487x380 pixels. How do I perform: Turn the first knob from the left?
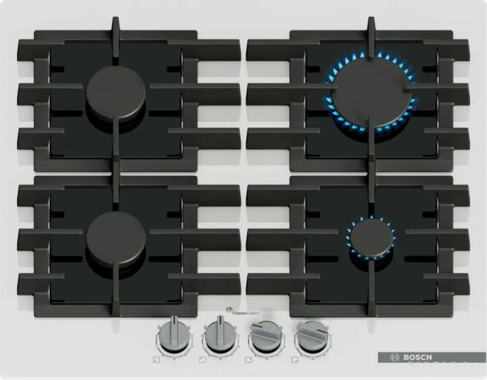[174, 336]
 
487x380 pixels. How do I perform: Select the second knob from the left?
[220, 336]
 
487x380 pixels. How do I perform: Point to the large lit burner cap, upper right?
[369, 94]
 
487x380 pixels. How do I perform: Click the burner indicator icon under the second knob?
[202, 360]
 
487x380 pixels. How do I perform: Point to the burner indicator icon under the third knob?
[248, 360]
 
